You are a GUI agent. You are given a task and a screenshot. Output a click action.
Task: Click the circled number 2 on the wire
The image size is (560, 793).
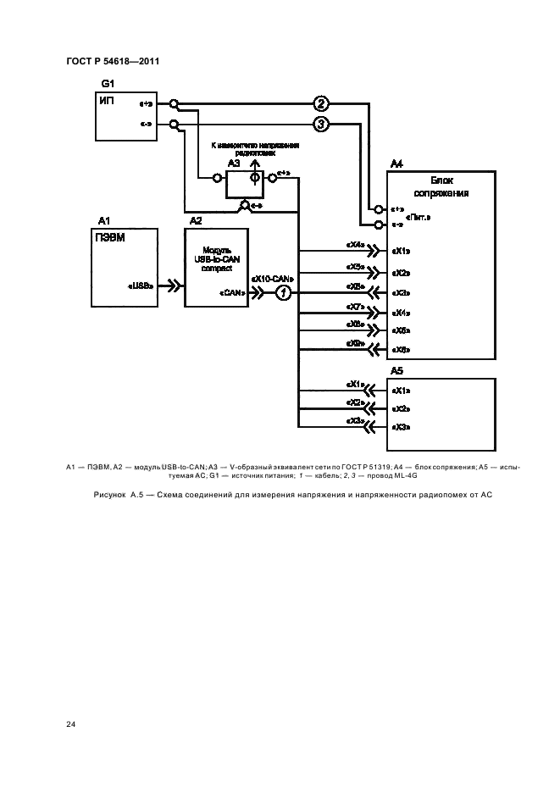(x=320, y=104)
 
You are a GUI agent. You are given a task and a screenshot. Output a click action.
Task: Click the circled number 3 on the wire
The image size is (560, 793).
(x=320, y=125)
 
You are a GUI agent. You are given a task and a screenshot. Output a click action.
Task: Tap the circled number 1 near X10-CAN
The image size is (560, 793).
(x=285, y=292)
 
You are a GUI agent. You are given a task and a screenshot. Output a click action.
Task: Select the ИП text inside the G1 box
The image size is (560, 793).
(x=107, y=101)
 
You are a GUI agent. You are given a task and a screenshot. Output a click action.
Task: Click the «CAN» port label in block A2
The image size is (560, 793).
(x=232, y=292)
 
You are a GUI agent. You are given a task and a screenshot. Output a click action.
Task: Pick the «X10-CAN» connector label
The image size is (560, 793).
(x=271, y=278)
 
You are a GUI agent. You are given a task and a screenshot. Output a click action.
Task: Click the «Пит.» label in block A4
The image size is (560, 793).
(x=419, y=217)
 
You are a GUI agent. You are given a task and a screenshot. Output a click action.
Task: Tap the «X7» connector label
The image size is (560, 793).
(x=355, y=307)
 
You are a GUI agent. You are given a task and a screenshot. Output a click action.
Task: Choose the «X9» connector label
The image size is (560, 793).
(x=355, y=344)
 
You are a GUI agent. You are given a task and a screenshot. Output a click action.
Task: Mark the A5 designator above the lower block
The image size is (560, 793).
(x=397, y=371)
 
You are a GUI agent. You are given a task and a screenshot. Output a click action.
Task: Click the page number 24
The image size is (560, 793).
(x=70, y=724)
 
